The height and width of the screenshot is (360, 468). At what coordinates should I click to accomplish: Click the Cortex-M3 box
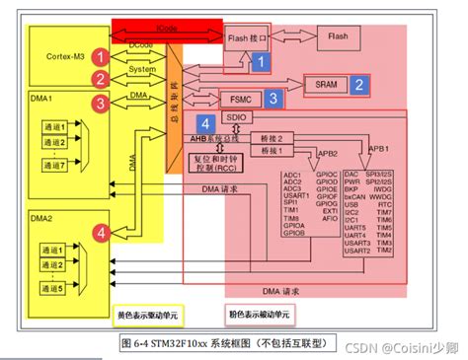[x=61, y=57]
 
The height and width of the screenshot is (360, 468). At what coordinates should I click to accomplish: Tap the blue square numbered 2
[x=362, y=85]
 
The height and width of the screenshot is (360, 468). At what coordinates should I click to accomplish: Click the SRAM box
[x=325, y=85]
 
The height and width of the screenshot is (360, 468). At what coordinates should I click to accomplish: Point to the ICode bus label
[x=167, y=30]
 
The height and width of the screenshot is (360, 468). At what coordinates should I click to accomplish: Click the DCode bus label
[x=142, y=44]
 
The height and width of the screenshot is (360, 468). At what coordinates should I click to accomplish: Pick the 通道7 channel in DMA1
[x=54, y=166]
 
